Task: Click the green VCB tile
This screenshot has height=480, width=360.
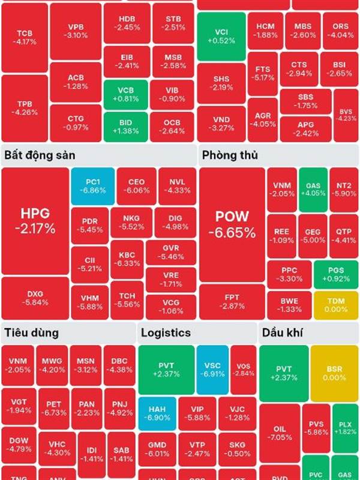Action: [125, 94]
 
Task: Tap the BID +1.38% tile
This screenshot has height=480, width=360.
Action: [125, 127]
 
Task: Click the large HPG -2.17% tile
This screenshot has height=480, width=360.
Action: [35, 221]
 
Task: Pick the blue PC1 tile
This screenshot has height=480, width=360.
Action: [92, 185]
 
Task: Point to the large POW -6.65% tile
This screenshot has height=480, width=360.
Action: [232, 225]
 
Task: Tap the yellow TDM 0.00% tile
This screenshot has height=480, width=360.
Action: [328, 305]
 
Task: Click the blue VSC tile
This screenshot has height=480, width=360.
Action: [212, 369]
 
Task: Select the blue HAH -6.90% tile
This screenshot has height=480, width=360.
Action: [158, 413]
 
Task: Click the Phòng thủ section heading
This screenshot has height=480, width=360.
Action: [230, 155]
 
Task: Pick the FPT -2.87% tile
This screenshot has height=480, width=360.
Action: [232, 302]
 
